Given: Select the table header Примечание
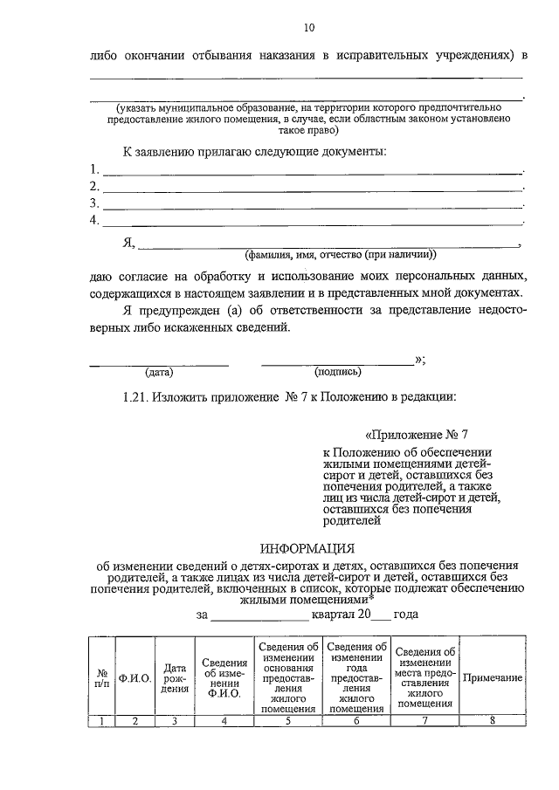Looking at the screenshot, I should pyautogui.click(x=493, y=678).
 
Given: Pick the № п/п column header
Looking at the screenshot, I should pyautogui.click(x=102, y=678).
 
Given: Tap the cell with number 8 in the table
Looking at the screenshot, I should pyautogui.click(x=493, y=721).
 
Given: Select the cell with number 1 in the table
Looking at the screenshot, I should pyautogui.click(x=102, y=721).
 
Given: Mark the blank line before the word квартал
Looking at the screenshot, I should pyautogui.click(x=261, y=617).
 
